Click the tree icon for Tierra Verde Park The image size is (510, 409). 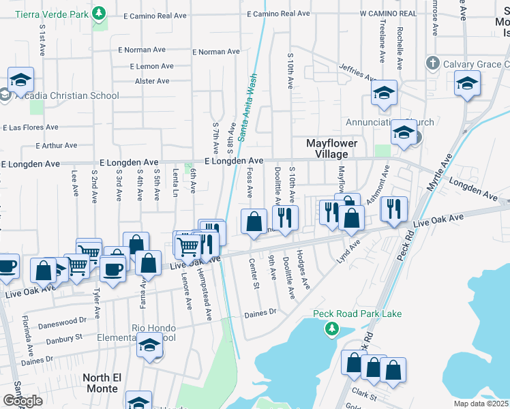click(x=100, y=13)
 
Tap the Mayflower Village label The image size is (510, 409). click(x=327, y=149)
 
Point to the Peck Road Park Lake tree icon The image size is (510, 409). click(x=331, y=329)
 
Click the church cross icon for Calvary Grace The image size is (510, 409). click(x=432, y=63)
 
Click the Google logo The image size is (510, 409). click(x=22, y=401)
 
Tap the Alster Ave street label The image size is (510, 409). click(x=152, y=81)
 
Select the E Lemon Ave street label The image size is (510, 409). click(x=152, y=66)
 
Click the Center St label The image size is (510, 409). click(x=254, y=273)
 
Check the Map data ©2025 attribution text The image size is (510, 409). click(x=481, y=404)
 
